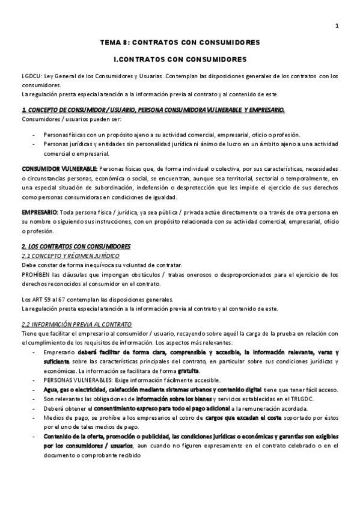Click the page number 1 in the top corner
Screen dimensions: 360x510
(337, 25)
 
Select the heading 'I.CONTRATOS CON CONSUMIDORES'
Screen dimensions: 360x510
(180, 60)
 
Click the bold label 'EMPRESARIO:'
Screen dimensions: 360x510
(40, 212)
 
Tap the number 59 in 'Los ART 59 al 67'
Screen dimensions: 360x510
(47, 300)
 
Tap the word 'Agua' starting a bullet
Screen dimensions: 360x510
(50, 390)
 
